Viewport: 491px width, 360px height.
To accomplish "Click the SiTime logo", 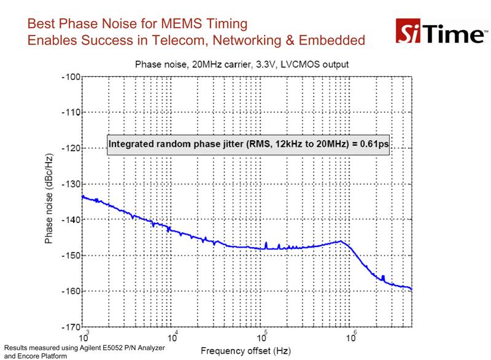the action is (x=441, y=31).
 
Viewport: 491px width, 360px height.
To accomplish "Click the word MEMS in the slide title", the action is (x=180, y=24).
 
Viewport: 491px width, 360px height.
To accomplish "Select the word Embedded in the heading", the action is (x=331, y=41).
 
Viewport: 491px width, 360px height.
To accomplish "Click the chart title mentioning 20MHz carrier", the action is (x=242, y=65).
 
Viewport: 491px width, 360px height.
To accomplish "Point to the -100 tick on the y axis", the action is (x=71, y=77).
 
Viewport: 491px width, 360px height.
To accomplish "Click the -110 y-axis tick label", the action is (x=71, y=112).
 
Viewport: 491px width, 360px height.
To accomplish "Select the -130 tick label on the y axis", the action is (x=71, y=184).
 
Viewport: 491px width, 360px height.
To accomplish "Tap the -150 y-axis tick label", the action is (x=71, y=256).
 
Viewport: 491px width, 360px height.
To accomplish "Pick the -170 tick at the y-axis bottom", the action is (x=71, y=327).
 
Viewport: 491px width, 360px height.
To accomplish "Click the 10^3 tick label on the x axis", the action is (x=84, y=337).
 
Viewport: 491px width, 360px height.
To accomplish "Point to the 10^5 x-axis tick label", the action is (x=262, y=337).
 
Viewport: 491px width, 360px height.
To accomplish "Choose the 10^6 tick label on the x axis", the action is (x=351, y=337).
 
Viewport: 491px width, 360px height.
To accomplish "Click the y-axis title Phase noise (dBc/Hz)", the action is (x=48, y=198).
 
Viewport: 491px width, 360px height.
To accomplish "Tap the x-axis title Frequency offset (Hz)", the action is (x=246, y=351).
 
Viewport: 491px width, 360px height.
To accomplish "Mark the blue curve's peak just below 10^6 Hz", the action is (x=341, y=241).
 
